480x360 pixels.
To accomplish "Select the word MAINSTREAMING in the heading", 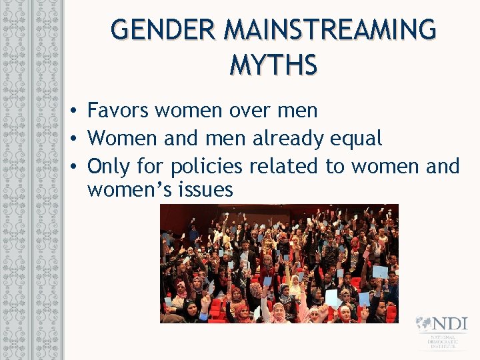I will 331,30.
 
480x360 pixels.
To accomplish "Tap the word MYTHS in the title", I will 273,65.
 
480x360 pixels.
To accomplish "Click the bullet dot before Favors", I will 77,111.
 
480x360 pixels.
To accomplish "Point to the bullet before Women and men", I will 77,139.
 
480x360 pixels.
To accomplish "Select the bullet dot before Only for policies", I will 77,166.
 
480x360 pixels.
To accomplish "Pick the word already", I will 290,139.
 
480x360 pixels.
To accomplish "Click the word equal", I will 357,139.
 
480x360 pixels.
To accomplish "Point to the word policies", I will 207,166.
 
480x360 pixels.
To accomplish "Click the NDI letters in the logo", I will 451,324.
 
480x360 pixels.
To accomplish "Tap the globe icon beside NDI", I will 424,324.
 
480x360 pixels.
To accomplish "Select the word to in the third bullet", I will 334,166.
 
